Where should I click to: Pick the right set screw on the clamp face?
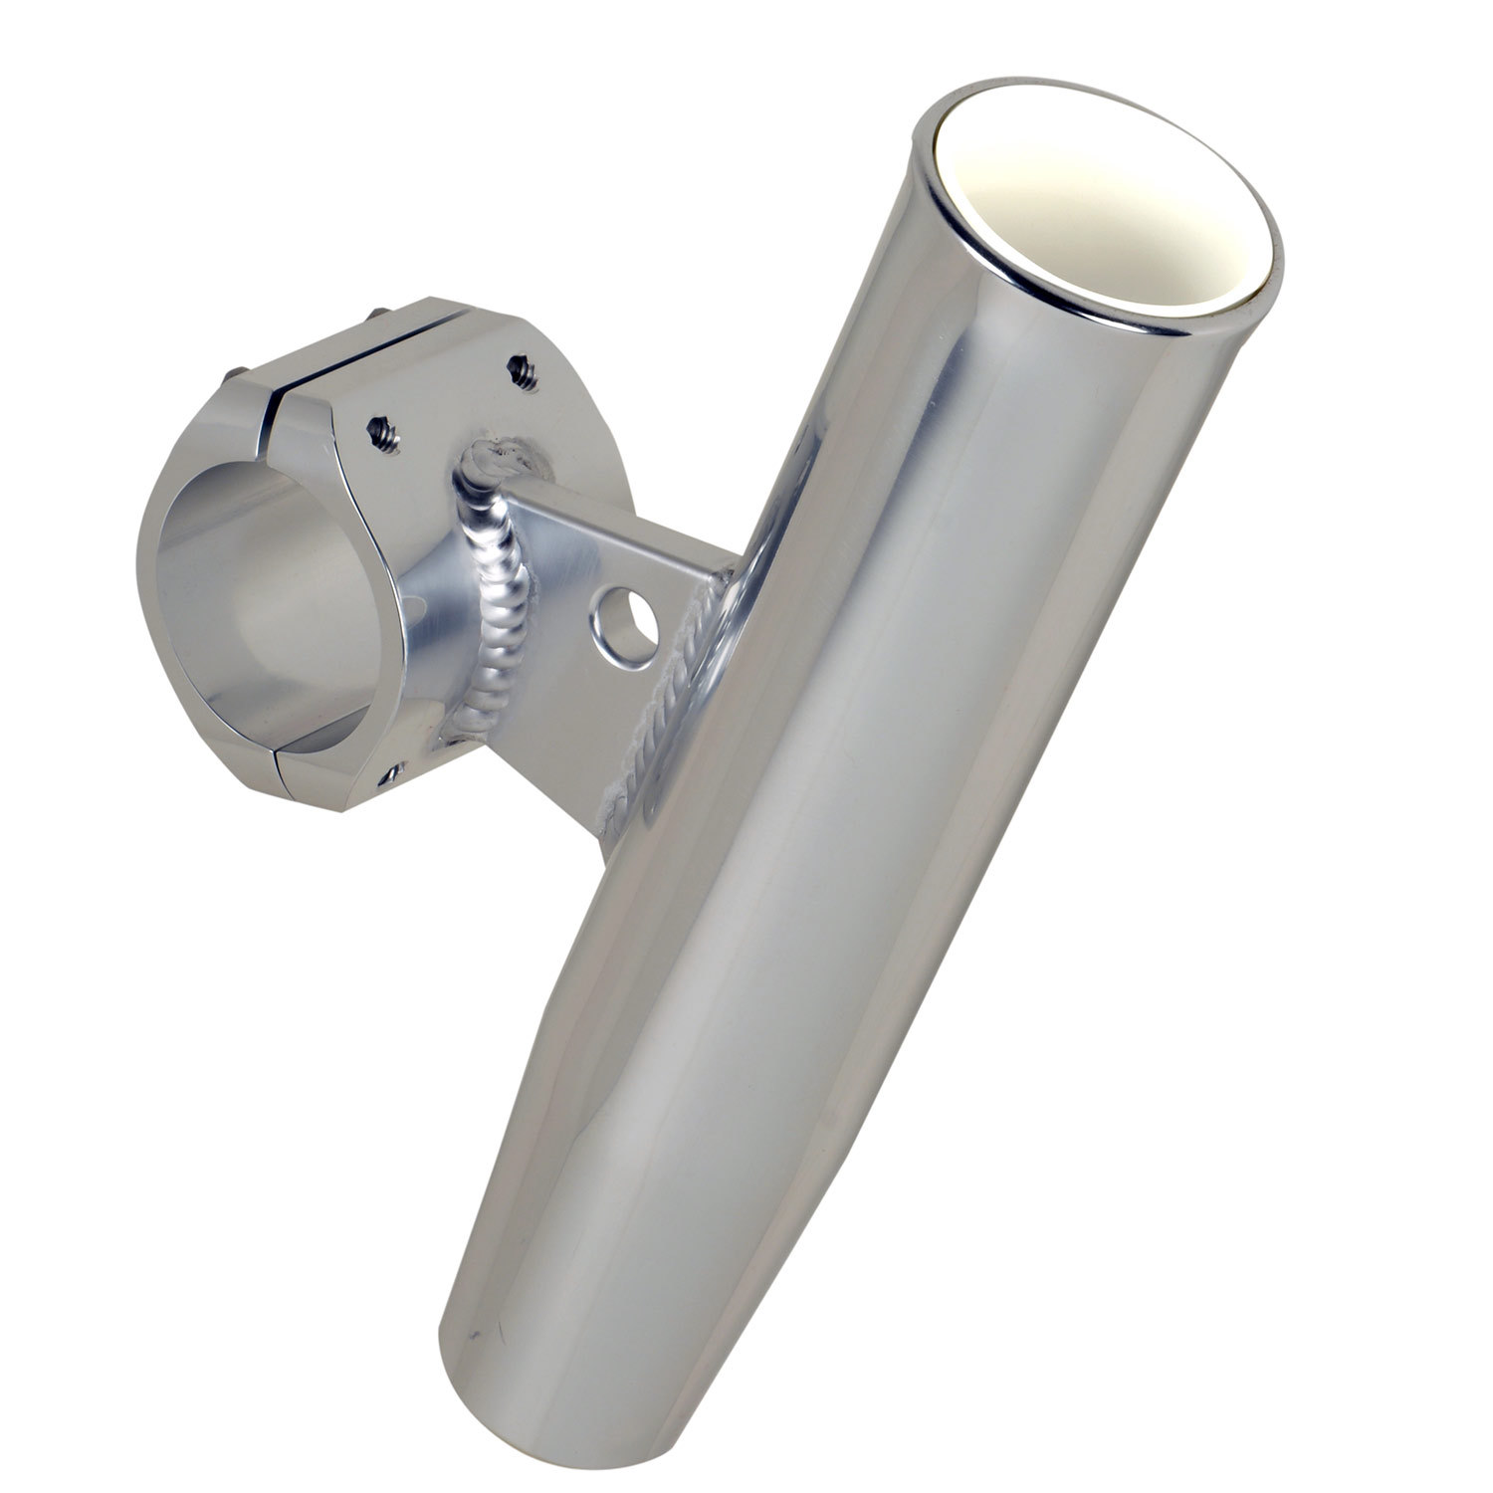click(521, 372)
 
